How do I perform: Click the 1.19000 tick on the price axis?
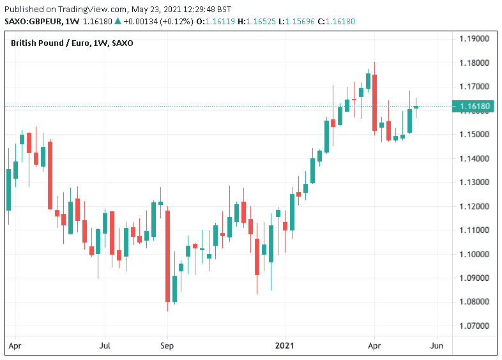475,39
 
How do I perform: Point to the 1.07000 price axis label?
475,326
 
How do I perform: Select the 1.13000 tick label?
475,183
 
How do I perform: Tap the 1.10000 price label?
475,255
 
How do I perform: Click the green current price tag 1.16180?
474,106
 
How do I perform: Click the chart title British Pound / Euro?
51,43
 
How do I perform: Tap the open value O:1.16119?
197,22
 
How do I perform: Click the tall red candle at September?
167,255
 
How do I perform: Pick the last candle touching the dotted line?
416,107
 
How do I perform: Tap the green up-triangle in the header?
118,22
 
